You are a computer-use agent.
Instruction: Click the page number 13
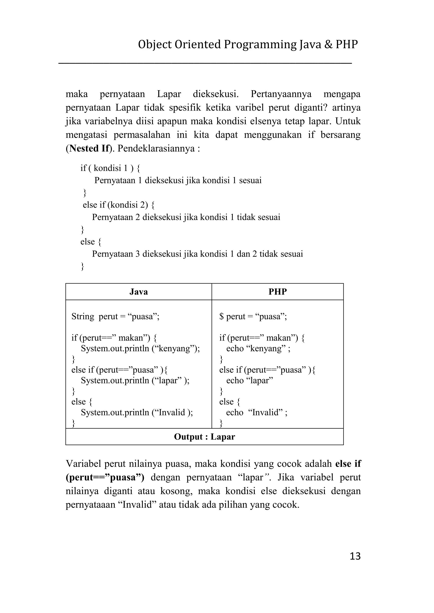[355, 556]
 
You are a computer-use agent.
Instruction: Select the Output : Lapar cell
[204, 437]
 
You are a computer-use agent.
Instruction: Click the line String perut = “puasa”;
[115, 317]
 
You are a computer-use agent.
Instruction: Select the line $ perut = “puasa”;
[253, 317]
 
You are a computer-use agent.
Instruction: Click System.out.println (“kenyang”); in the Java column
[140, 349]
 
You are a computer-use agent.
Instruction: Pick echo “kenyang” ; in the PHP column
[258, 349]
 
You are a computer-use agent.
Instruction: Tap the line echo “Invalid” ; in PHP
[257, 413]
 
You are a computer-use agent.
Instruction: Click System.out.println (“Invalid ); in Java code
[137, 413]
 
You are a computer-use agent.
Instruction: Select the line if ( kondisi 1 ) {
[110, 168]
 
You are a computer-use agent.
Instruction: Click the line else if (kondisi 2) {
[118, 205]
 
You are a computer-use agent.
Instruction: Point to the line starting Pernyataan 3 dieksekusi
[197, 254]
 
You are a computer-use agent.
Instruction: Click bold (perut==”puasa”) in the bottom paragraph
[105, 477]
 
